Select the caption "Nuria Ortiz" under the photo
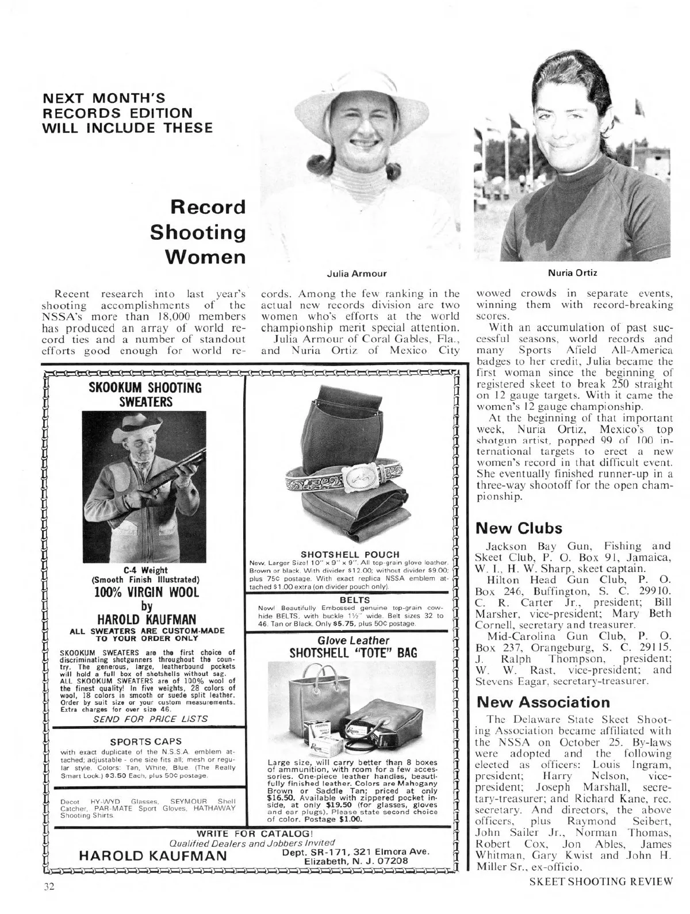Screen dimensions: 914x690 point(572,272)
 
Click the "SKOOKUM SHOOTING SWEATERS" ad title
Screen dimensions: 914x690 point(145,394)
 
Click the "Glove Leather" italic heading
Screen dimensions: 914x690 point(353,640)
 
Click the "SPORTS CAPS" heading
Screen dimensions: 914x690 point(145,741)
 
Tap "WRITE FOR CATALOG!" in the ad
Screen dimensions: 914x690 point(255,833)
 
